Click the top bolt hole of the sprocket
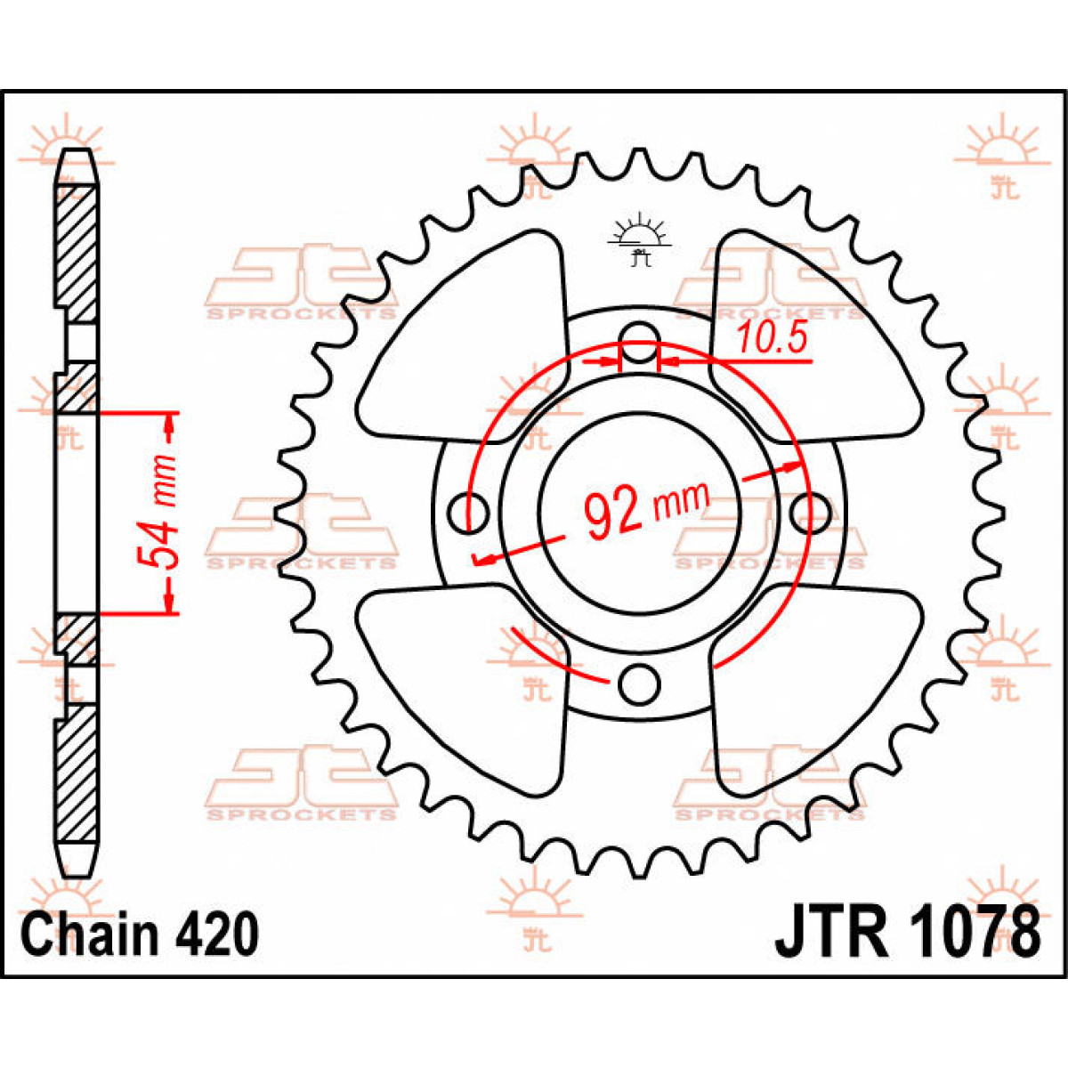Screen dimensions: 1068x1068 tap(640, 342)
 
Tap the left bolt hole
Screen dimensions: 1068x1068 tap(468, 514)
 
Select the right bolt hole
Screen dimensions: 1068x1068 tap(811, 514)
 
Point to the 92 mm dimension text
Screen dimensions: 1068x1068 tap(646, 509)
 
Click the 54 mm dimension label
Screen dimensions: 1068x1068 tap(158, 512)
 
